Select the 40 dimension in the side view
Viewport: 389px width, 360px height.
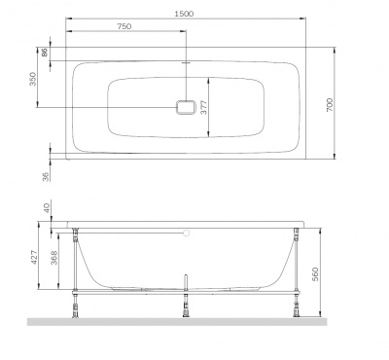point(46,209)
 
